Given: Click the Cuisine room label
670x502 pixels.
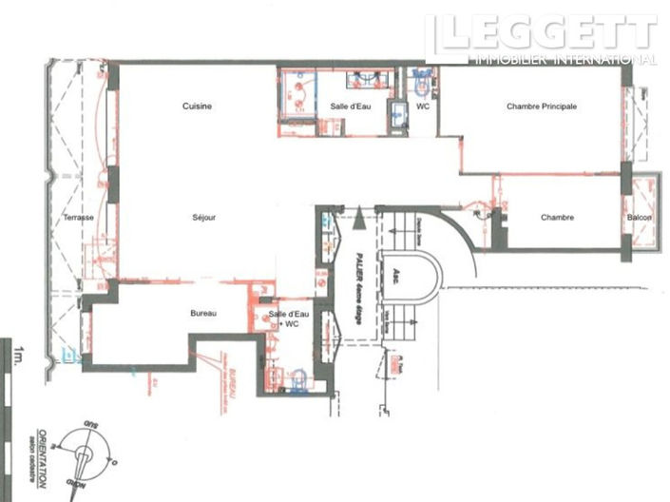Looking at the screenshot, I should (197, 106).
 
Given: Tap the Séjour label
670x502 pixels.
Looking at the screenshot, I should (202, 218).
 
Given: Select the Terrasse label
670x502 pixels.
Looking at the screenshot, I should (78, 218).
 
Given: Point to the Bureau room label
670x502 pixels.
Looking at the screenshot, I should (203, 314).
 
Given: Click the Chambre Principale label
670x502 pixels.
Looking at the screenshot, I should (542, 107).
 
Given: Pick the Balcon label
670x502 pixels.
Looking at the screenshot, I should (639, 218).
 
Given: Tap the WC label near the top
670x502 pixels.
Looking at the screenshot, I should (424, 106).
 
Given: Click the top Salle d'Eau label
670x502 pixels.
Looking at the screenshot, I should (351, 106).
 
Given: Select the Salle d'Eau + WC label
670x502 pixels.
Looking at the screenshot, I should (284, 319).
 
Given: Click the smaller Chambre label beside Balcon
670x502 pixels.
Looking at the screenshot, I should (557, 218).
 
